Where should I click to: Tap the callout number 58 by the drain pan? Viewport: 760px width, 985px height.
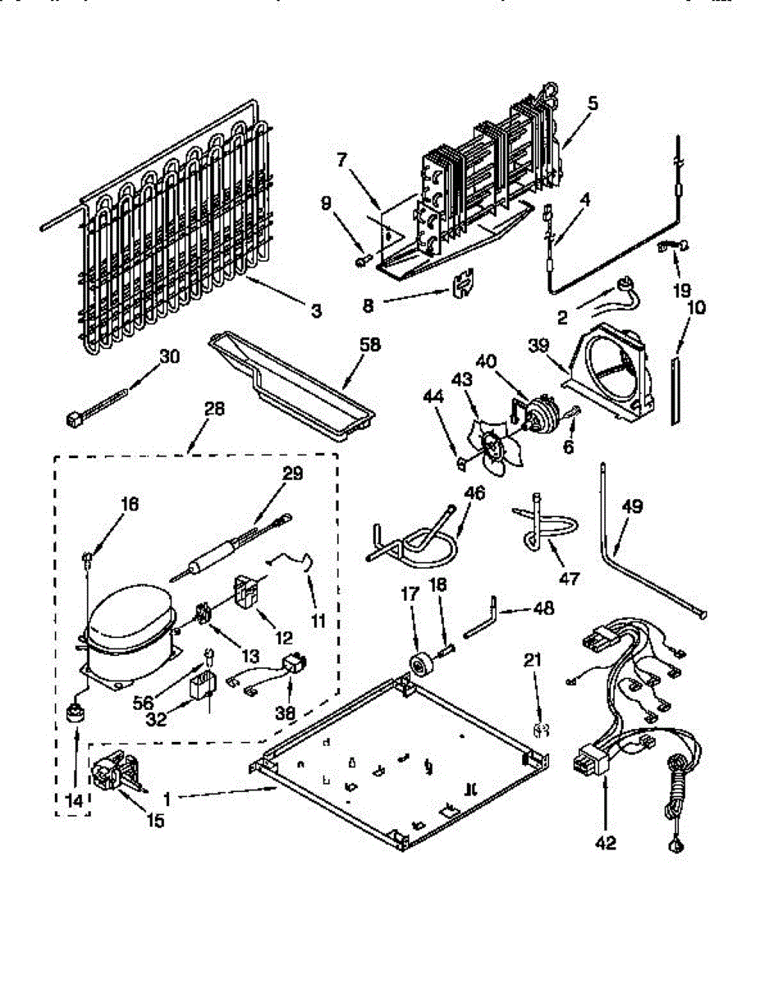(x=370, y=345)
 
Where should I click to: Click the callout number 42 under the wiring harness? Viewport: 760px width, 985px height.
(x=607, y=843)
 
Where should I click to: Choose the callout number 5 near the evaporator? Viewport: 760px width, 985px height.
(x=593, y=104)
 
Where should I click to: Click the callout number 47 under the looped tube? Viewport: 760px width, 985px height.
(x=569, y=578)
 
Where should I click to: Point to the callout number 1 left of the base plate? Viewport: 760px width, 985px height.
(x=167, y=797)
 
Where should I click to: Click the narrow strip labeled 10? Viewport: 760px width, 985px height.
(x=675, y=390)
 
